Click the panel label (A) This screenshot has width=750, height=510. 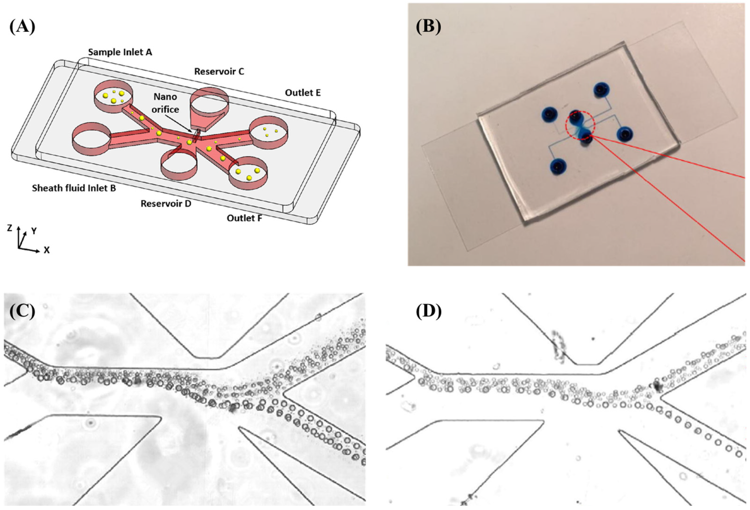[22, 26]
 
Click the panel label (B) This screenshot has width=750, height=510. [428, 26]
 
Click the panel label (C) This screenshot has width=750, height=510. [22, 311]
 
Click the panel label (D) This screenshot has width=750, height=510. [428, 311]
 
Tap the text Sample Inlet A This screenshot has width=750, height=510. [120, 52]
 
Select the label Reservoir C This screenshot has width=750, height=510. [219, 71]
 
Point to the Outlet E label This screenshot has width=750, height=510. [303, 93]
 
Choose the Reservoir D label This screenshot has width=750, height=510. [166, 204]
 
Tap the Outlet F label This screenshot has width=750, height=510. [244, 218]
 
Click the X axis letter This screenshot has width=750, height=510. [47, 250]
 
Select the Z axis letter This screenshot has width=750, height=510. [10, 228]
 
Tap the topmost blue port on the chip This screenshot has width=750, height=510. [601, 89]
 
